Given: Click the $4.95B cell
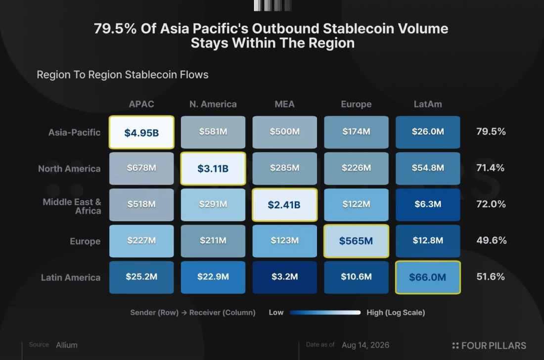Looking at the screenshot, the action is coord(141,132).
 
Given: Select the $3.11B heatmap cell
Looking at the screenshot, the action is coord(213,169).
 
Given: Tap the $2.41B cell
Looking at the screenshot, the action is coord(284,205).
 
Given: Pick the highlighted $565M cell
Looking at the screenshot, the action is coord(356,241).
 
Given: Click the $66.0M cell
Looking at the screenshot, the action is coord(428,277).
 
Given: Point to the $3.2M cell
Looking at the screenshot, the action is coord(284,277).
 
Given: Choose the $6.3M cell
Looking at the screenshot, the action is coord(428,205).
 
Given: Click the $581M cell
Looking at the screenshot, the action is coord(213,132).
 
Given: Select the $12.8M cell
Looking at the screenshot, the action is coord(428,241).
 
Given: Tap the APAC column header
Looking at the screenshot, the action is coord(141,104).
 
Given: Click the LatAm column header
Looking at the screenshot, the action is coord(428,104).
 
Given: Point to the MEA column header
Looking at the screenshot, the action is coord(284,104).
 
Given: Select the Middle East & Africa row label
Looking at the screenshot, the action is coord(72,206).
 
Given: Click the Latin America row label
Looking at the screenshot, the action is coord(71,277).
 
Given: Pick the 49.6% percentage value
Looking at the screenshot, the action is coord(491,240).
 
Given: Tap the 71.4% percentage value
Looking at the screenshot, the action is coord(490,168).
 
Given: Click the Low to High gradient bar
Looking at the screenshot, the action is coord(325,313).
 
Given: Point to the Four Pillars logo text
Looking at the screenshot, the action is coord(490,346).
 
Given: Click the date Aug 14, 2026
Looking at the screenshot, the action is coord(365,345).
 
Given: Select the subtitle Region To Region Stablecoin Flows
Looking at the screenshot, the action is coord(123,75).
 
